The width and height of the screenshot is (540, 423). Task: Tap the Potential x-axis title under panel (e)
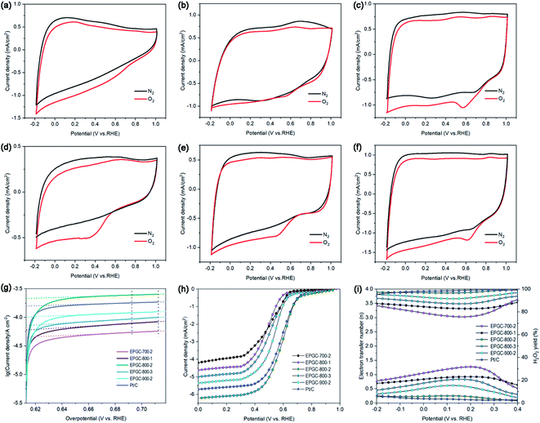click(x=267, y=276)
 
